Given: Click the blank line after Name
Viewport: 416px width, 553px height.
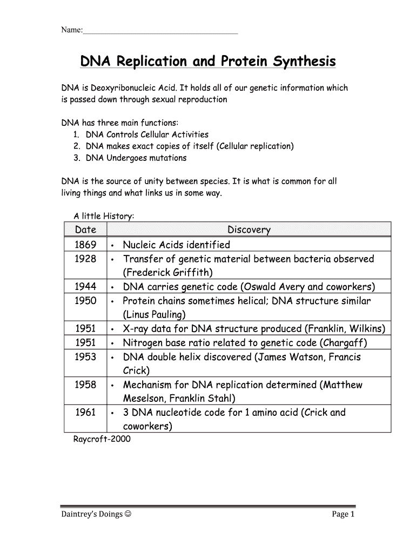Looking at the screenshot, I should click(160, 32).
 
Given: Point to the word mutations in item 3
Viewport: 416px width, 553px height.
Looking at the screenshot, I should click(167, 158).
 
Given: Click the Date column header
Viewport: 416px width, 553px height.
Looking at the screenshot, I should click(85, 230).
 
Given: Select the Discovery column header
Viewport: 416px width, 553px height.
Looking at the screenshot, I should click(249, 230).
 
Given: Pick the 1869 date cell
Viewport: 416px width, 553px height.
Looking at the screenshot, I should click(85, 245).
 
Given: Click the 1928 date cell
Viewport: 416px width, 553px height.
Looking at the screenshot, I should click(85, 259).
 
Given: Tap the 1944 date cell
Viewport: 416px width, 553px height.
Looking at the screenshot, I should click(85, 287).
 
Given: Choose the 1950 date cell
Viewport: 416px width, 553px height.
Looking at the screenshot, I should click(85, 301).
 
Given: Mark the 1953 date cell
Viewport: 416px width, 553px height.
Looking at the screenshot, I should click(85, 357).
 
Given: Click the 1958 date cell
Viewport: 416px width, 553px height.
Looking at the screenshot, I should click(85, 385).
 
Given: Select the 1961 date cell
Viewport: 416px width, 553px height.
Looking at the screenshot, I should click(85, 413).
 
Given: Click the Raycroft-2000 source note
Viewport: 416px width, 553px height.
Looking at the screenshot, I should click(102, 439).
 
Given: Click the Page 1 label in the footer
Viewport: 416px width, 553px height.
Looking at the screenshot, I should click(343, 515).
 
